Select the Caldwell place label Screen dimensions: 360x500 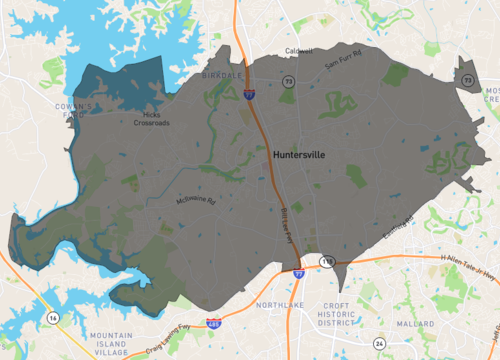pyautogui.click(x=298, y=51)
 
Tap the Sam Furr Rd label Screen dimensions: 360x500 pyautogui.click(x=344, y=66)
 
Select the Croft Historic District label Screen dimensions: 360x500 pyautogui.click(x=337, y=313)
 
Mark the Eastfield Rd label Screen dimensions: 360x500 pyautogui.click(x=395, y=234)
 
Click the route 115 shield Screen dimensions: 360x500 pyautogui.click(x=326, y=260)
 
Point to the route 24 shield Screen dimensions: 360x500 pyautogui.click(x=378, y=343)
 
